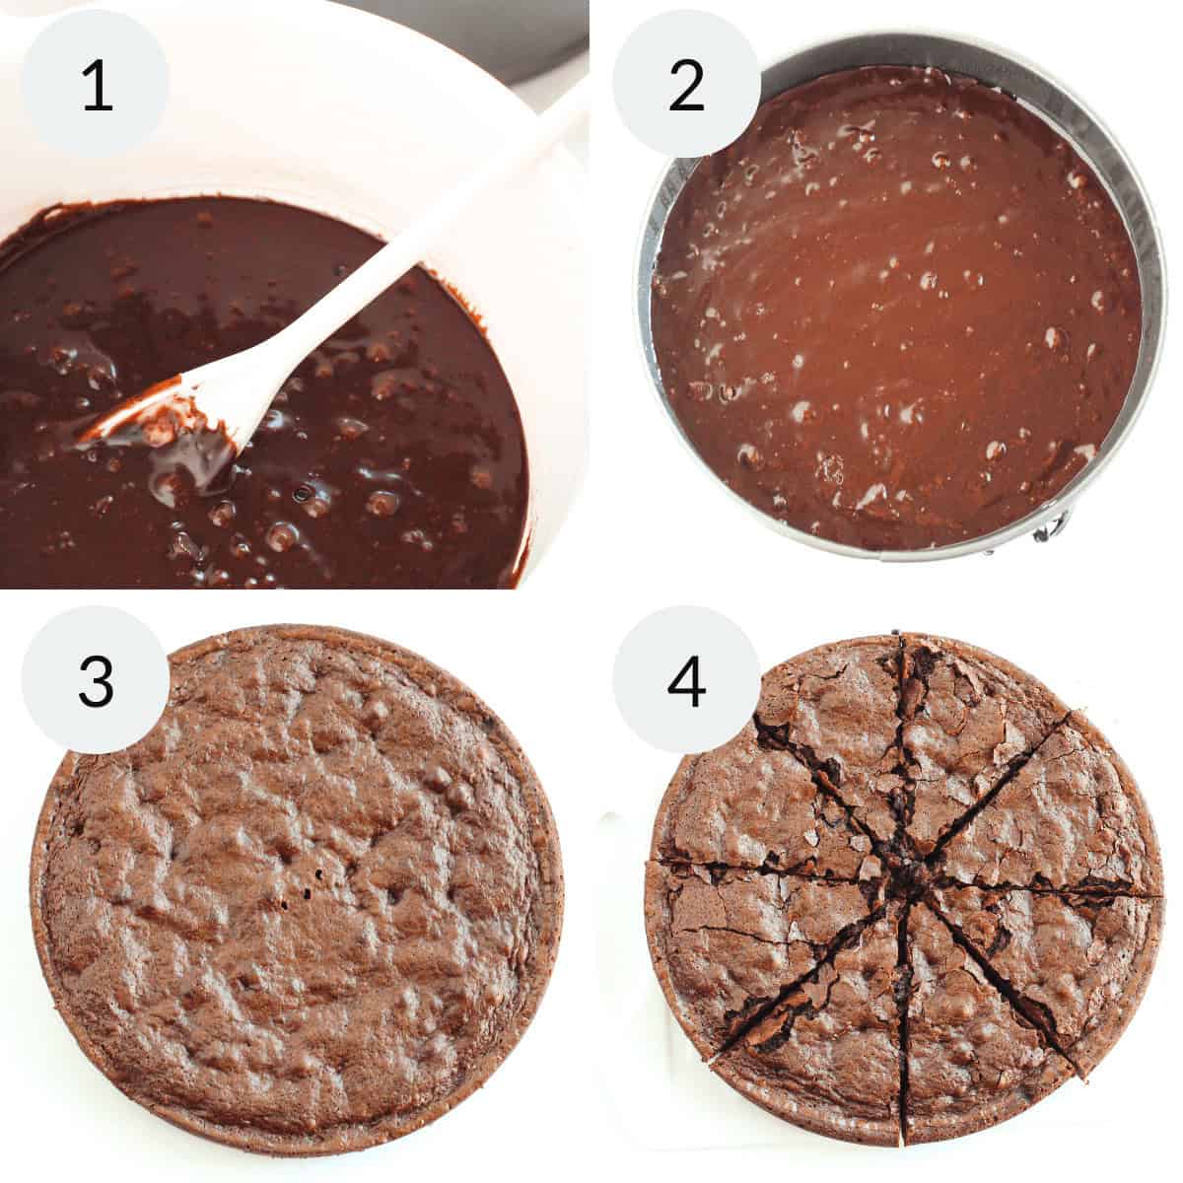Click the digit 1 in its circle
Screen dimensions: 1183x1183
(x=96, y=86)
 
